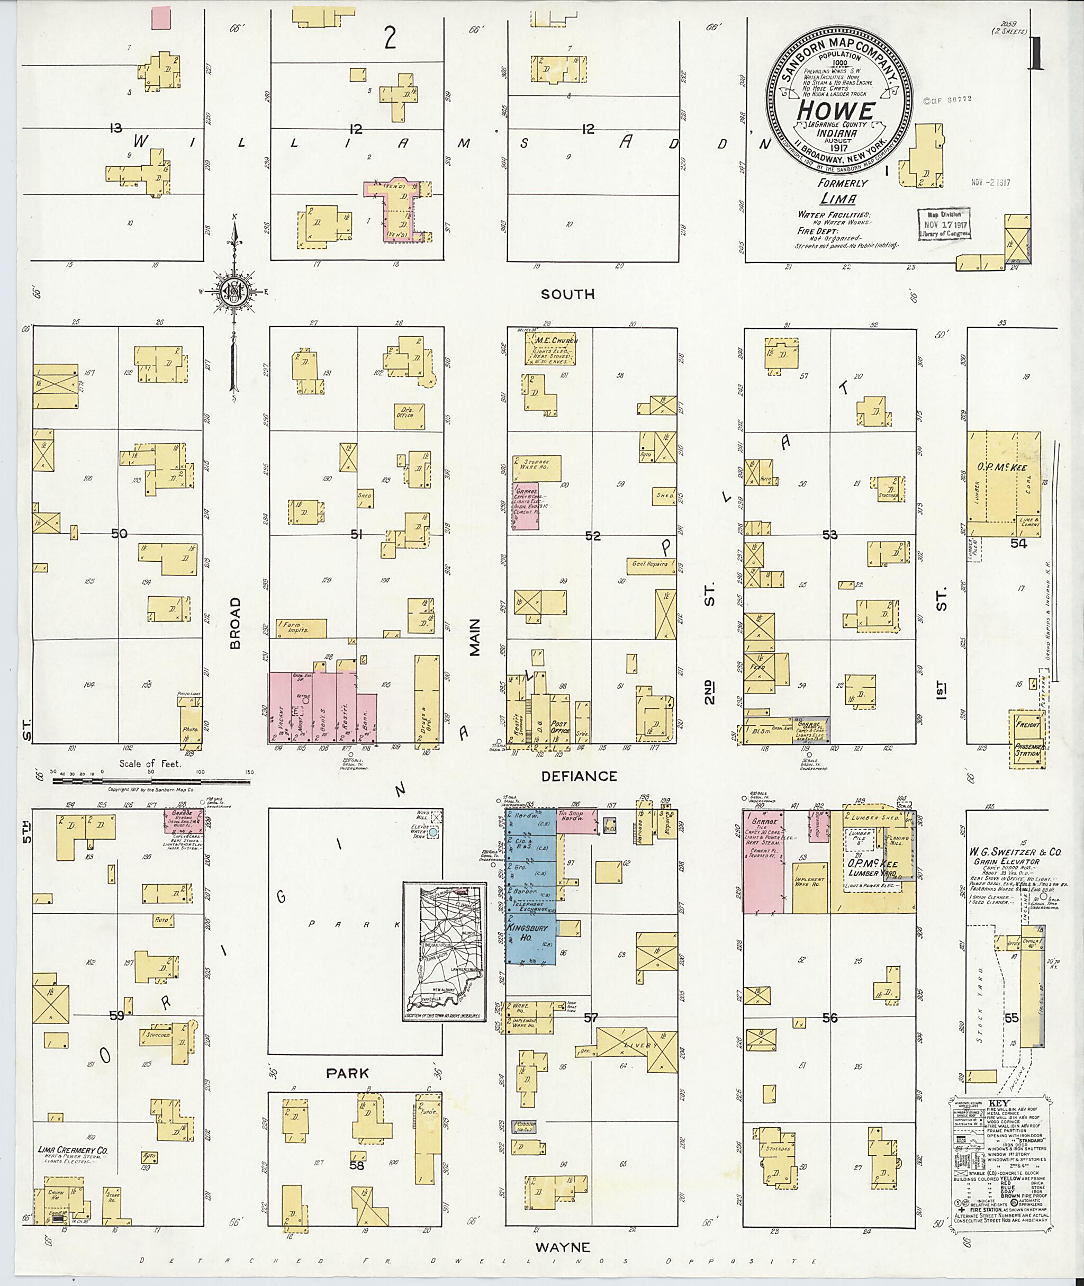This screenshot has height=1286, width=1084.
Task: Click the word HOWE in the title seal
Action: (836, 111)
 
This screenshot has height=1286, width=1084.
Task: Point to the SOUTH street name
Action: (568, 294)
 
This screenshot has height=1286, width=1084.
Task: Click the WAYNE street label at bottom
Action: (563, 1247)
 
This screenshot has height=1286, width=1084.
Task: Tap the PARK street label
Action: (348, 1073)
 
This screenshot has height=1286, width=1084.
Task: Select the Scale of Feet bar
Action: (151, 782)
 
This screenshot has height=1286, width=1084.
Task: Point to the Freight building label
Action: (1027, 725)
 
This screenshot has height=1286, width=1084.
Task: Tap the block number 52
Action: (592, 536)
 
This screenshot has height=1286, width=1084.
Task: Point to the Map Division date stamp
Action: (944, 225)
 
